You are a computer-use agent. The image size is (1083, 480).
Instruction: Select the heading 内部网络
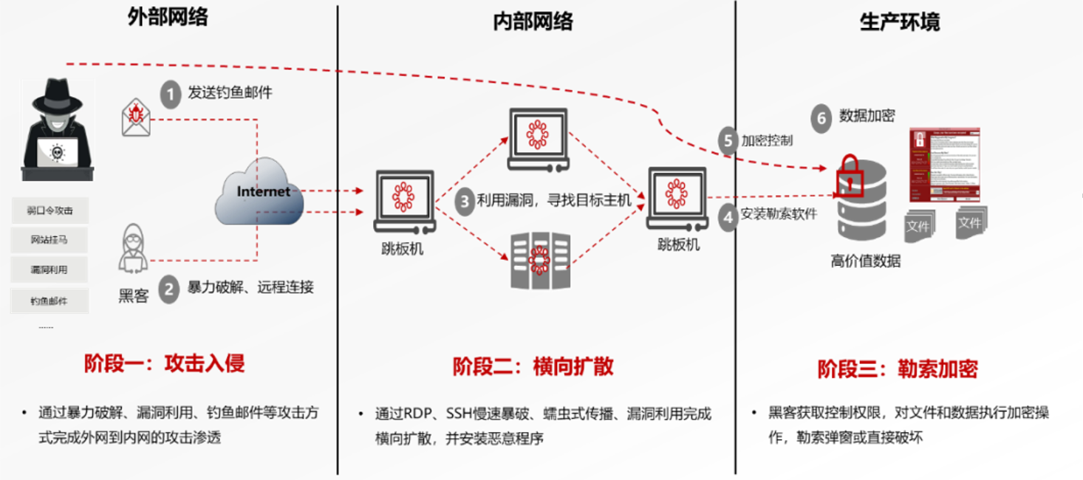pyautogui.click(x=533, y=21)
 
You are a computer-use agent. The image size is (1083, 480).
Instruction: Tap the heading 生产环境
pyautogui.click(x=900, y=21)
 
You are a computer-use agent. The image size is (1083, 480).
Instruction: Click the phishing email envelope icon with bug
pyautogui.click(x=136, y=118)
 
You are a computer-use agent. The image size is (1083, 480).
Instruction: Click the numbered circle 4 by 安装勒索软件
pyautogui.click(x=728, y=217)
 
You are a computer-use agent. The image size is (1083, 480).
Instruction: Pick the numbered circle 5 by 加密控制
pyautogui.click(x=728, y=140)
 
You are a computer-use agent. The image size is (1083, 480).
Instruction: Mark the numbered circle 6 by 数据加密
pyautogui.click(x=821, y=118)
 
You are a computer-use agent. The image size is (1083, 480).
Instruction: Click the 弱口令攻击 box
pyautogui.click(x=49, y=210)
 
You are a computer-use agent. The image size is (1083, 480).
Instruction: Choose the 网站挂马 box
pyautogui.click(x=49, y=240)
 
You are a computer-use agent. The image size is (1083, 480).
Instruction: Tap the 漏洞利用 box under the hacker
pyautogui.click(x=49, y=270)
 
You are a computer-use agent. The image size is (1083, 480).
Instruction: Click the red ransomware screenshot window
pyautogui.click(x=945, y=164)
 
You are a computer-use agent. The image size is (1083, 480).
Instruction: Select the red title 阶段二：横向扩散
pyautogui.click(x=533, y=366)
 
